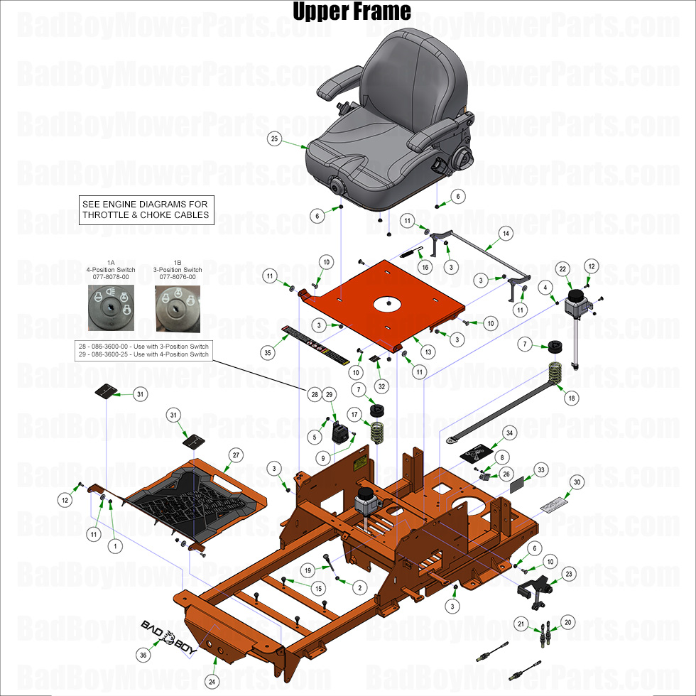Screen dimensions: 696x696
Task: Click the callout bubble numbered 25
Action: (x=274, y=139)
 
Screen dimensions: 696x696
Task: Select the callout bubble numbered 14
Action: (x=506, y=233)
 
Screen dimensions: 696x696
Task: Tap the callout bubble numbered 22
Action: (x=562, y=268)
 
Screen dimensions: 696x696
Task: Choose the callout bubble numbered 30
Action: (x=577, y=482)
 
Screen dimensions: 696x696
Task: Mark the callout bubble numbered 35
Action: (x=268, y=352)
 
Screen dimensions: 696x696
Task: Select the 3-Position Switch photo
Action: (x=178, y=307)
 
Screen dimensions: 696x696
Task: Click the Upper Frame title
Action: (x=352, y=11)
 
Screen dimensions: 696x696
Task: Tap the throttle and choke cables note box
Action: (x=146, y=210)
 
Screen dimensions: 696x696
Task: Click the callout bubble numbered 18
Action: (x=571, y=399)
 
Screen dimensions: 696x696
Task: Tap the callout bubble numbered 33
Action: (x=541, y=469)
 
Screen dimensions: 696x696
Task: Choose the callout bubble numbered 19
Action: (x=306, y=570)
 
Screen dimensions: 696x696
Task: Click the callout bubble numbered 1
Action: (x=111, y=546)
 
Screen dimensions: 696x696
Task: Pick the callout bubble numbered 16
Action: (x=425, y=267)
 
